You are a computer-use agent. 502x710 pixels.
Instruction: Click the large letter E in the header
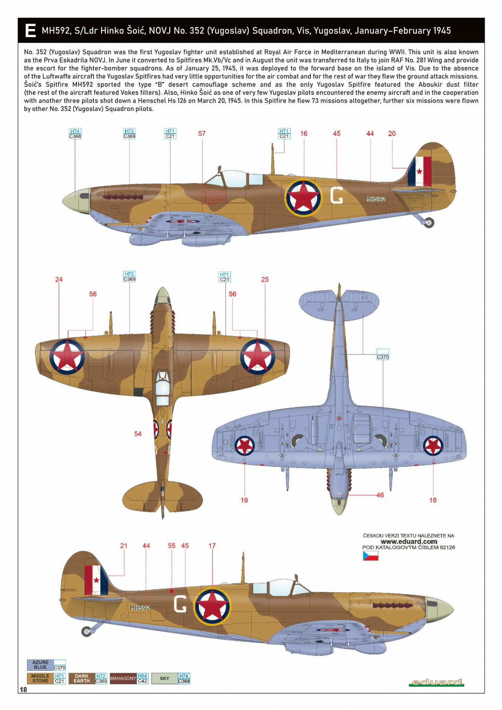[31, 31]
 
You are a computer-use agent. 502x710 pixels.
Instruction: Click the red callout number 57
[202, 134]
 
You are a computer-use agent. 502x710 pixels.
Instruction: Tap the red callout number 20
[392, 134]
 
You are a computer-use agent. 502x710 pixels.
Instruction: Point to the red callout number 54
[138, 434]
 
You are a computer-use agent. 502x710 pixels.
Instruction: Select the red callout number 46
[380, 495]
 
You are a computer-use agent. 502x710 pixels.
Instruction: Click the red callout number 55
[172, 546]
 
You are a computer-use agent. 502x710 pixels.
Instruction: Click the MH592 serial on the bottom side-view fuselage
[140, 608]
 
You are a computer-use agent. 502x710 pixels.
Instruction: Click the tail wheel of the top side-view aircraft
[429, 222]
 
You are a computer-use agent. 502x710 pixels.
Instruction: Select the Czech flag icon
[370, 556]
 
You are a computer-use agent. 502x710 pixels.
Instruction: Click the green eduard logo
[436, 683]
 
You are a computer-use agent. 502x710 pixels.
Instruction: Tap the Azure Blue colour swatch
[40, 665]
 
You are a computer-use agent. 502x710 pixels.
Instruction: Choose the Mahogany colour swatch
[123, 678]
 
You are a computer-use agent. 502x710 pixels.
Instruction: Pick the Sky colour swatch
[164, 678]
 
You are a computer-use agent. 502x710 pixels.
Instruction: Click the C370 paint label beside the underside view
[383, 357]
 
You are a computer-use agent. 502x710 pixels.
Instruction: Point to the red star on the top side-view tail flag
[419, 171]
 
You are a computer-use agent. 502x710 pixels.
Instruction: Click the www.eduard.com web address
[409, 541]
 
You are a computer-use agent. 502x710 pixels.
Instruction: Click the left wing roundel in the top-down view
[67, 357]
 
